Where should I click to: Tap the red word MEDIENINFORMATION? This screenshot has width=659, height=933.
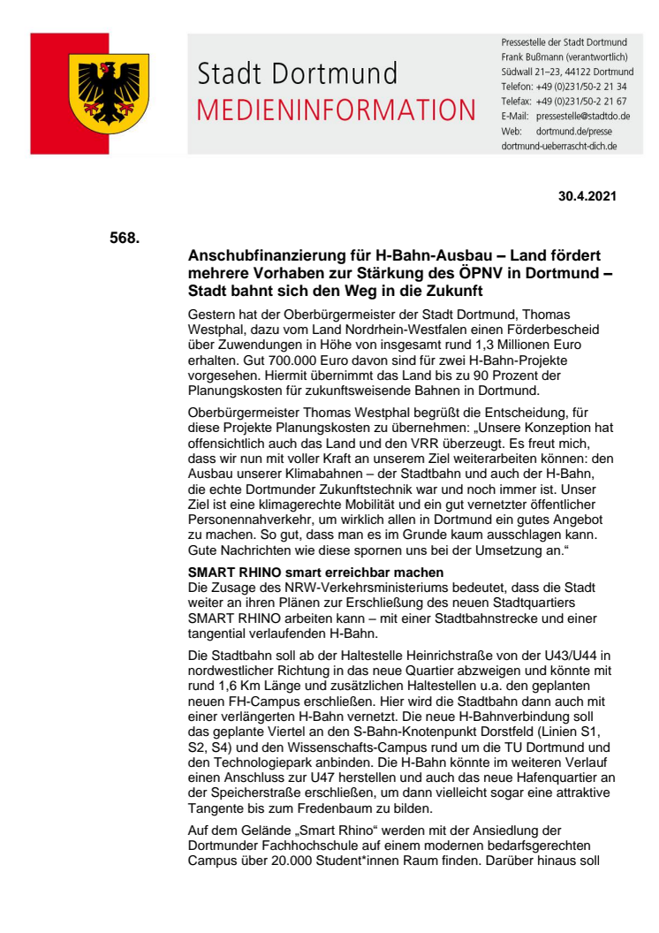[x=336, y=110]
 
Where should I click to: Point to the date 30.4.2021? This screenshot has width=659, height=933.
[x=587, y=196]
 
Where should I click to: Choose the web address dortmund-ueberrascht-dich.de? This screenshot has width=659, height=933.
[x=558, y=145]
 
